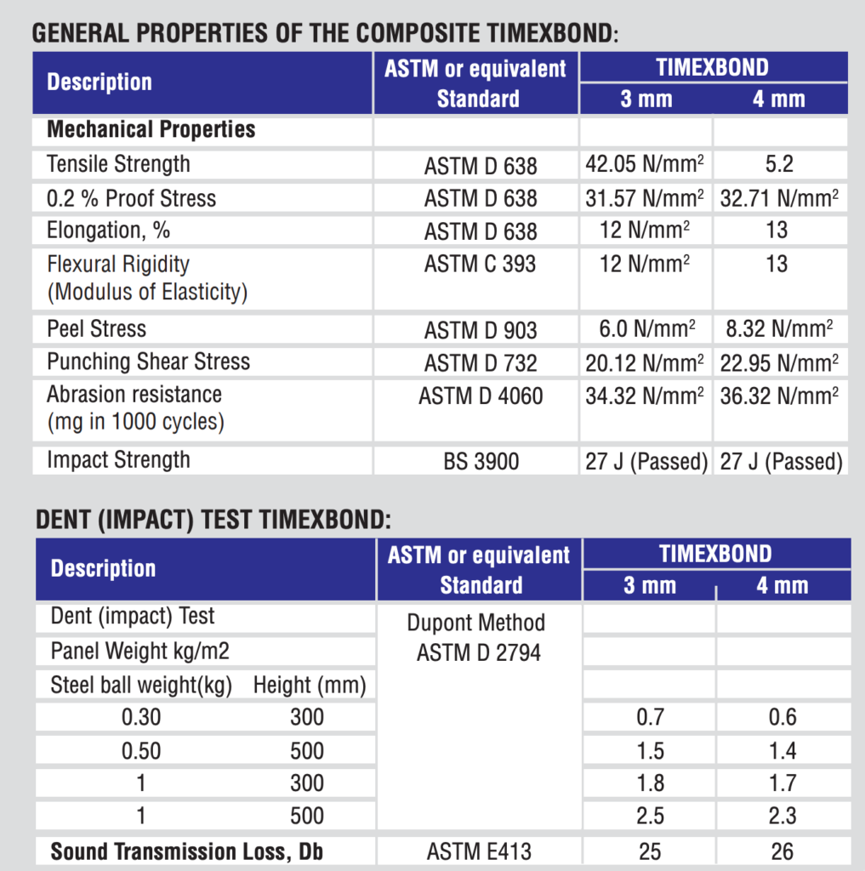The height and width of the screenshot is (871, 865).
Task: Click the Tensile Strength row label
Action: pos(118,164)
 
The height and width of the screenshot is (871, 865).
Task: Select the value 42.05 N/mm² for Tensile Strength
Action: pos(645,164)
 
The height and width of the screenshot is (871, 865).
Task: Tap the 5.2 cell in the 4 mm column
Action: pos(779,164)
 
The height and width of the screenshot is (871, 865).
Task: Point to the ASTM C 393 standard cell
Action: pos(480,264)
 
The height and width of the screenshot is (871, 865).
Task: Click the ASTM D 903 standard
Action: pos(481,331)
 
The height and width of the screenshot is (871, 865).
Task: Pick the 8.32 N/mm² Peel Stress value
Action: pos(779,329)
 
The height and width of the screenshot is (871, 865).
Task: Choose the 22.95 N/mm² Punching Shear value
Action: pos(779,363)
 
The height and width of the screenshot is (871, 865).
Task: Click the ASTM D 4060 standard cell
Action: pos(481,396)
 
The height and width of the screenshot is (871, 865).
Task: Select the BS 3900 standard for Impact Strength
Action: pos(481,461)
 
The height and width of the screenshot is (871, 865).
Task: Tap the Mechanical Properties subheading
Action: pos(151,129)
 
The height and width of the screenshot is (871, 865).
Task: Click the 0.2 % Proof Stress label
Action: pos(131,198)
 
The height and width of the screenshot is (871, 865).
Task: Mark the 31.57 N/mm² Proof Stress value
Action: pos(645,198)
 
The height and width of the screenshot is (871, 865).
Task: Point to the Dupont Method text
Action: pos(476,623)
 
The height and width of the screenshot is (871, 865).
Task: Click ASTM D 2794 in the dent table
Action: pos(479,652)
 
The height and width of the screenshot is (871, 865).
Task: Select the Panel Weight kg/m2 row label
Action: pos(140,651)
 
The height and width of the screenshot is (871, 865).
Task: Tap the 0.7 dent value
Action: pos(650,717)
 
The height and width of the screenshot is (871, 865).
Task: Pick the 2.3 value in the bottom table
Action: pos(782,816)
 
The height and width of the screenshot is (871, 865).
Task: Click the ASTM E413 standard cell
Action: pos(479,851)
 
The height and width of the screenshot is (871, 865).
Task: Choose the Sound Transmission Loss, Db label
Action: pos(186,851)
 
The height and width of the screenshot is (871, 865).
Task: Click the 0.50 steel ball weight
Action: pos(141,751)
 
